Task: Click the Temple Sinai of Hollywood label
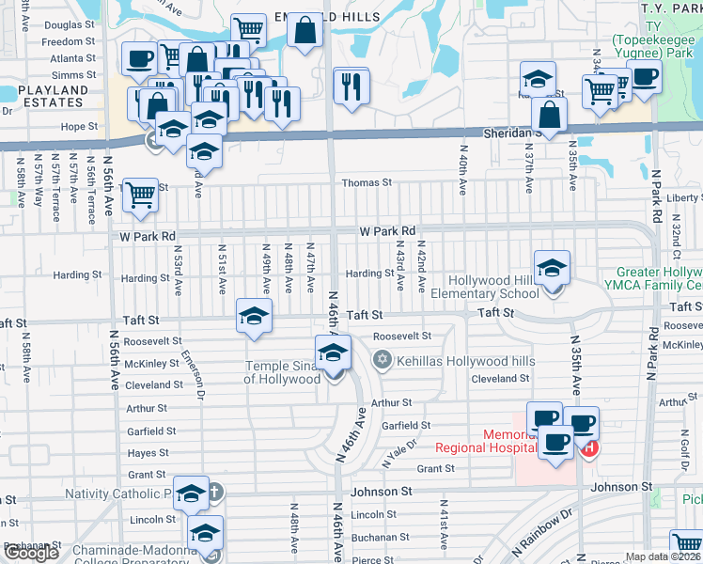283,372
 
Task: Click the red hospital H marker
589,449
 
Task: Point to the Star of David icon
382,359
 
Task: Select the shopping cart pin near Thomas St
141,195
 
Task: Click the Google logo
30,553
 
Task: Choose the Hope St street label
79,126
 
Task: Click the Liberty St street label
683,198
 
